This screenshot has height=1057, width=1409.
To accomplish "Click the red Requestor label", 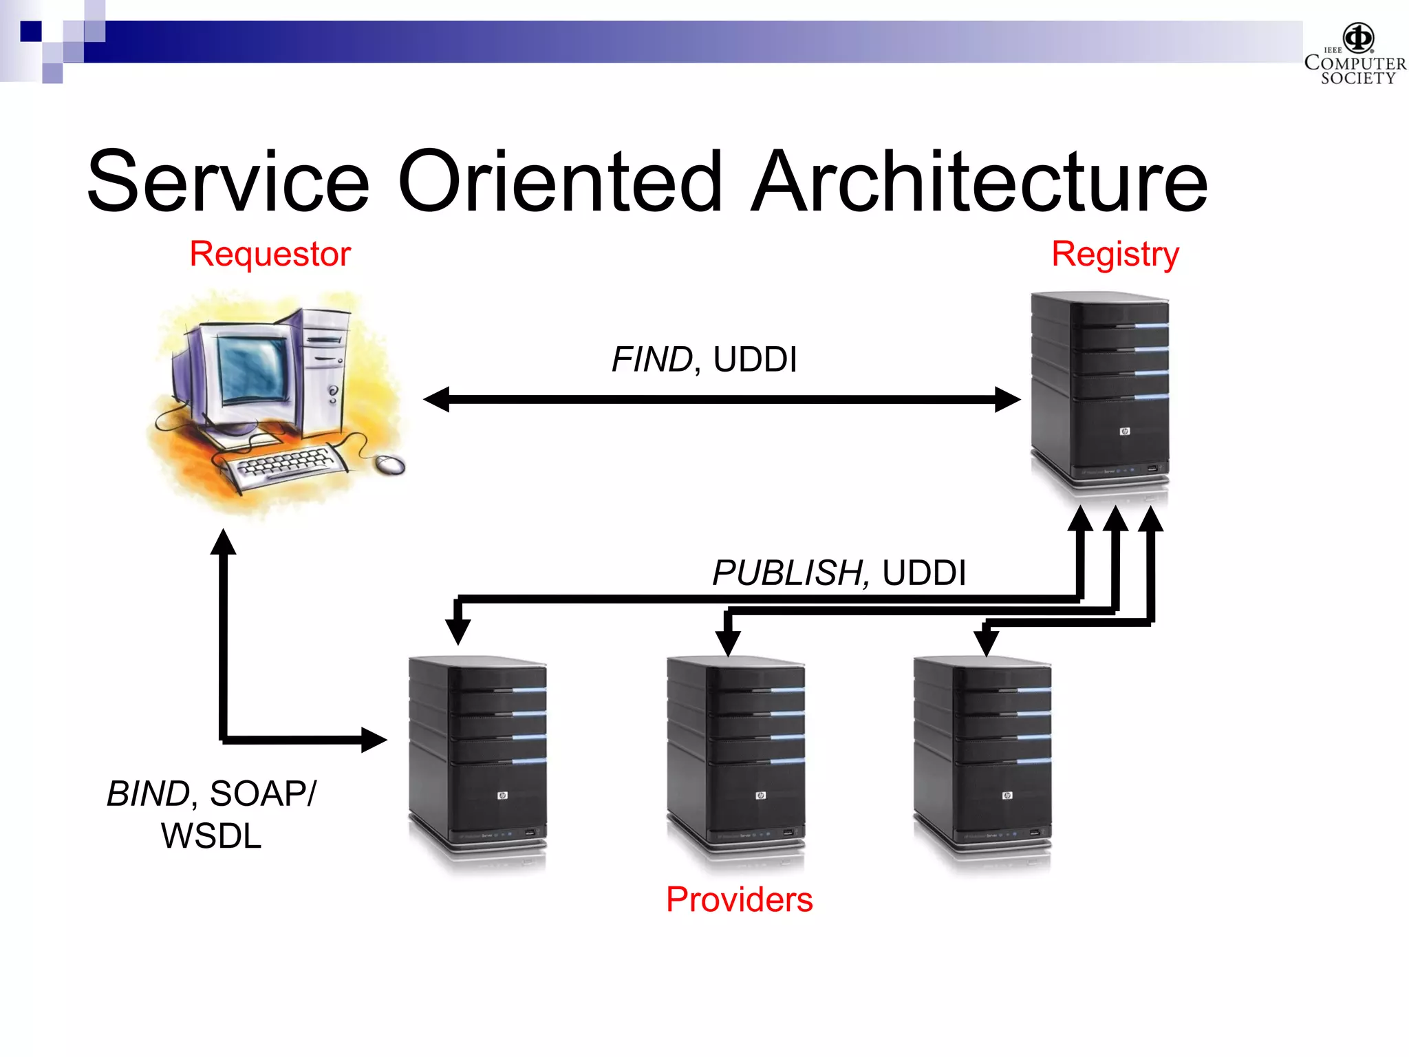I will (x=270, y=254).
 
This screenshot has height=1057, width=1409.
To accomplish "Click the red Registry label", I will (x=1115, y=254).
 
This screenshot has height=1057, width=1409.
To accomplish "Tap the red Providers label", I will (x=739, y=899).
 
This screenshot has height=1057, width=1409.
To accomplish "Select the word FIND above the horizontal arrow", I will (x=652, y=359).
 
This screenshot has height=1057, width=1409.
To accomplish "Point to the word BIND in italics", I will (x=148, y=793).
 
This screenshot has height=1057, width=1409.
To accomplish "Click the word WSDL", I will (x=211, y=836).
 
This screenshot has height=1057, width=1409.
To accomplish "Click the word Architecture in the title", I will (x=979, y=182).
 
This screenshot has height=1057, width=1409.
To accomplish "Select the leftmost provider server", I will (x=477, y=757).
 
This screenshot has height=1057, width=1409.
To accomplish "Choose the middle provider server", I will (x=735, y=757).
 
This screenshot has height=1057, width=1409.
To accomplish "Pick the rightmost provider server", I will (x=982, y=757).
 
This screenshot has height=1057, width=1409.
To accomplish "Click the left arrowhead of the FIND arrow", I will (x=437, y=399).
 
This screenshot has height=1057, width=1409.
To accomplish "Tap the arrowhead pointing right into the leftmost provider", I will (x=374, y=740).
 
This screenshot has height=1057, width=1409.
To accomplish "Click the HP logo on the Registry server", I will (x=1125, y=431).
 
